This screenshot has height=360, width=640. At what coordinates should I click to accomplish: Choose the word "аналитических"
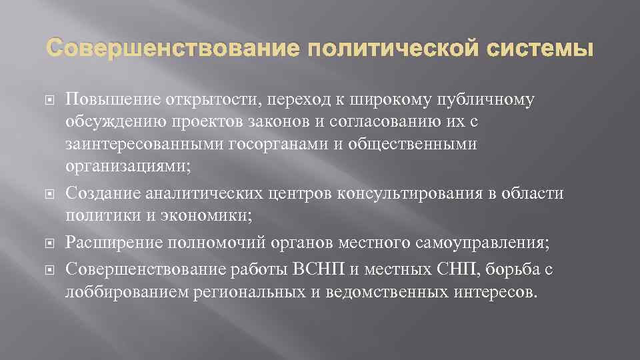point(209,193)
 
